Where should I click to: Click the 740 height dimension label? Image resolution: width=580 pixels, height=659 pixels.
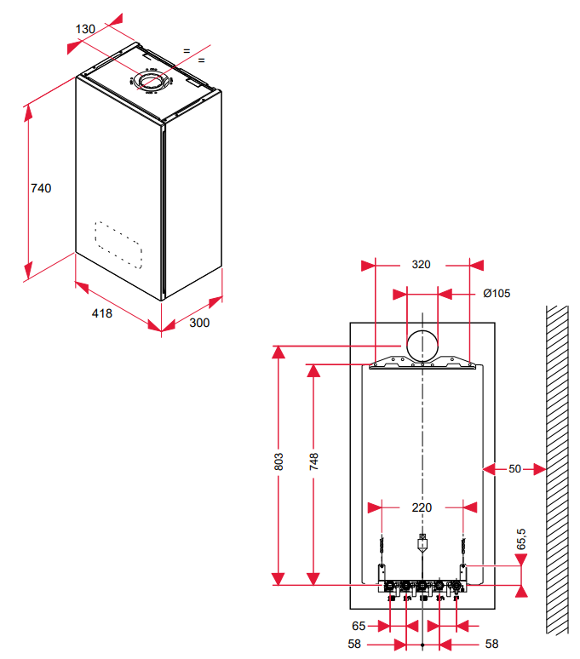coord(41,188)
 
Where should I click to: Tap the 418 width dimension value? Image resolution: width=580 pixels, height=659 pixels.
coord(101,313)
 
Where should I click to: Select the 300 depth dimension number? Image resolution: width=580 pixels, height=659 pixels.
coord(199,323)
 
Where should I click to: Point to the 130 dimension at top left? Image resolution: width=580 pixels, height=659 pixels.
coord(85,29)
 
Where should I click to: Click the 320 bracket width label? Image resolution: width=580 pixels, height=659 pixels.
coord(421,264)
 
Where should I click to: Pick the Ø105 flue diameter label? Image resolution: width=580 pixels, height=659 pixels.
coord(497,294)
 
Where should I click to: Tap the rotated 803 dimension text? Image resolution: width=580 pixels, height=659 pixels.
coord(279,461)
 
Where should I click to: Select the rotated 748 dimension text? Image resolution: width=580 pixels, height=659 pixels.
coord(313,461)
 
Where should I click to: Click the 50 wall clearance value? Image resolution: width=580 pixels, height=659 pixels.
coord(515,468)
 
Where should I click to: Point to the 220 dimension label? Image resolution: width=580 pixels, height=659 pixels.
coord(422,507)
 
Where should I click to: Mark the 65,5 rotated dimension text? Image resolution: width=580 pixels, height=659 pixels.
coord(520,539)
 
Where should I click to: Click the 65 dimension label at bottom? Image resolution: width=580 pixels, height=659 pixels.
coord(359,626)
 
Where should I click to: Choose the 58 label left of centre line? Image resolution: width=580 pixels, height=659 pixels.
coord(354,644)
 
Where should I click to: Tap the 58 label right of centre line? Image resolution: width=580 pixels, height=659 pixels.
coord(491,644)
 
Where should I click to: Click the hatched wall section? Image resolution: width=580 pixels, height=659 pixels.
coord(557,469)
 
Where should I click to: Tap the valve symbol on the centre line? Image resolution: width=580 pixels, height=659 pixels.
coord(422,542)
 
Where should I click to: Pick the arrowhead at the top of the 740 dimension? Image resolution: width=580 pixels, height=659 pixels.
coord(28,113)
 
